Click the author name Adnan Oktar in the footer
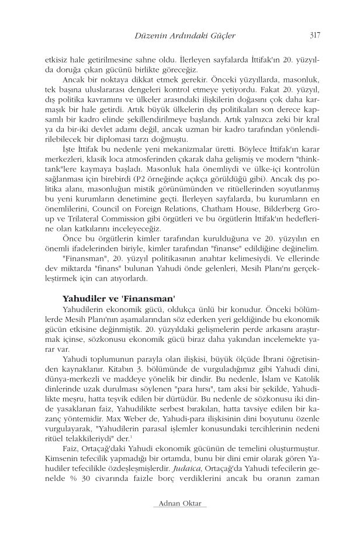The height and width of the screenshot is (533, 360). click(x=180, y=504)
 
